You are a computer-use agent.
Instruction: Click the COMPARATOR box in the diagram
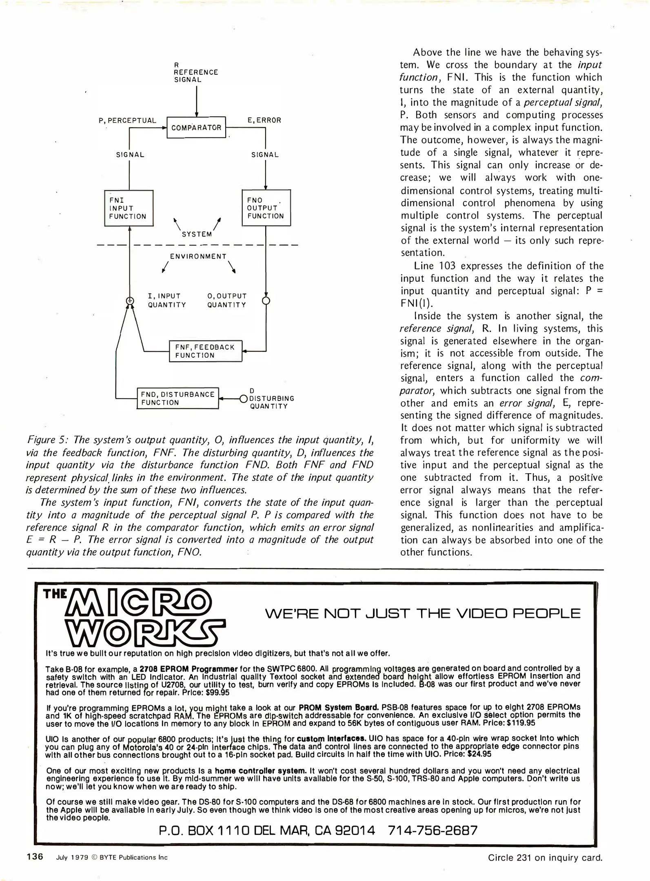point(196,127)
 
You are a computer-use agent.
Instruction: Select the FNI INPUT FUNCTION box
point(129,208)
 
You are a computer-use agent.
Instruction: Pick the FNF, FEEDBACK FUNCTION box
point(205,351)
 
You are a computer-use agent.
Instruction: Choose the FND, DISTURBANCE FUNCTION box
point(177,398)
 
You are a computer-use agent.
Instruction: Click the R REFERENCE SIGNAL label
point(196,72)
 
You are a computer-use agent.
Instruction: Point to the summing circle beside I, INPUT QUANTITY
point(130,301)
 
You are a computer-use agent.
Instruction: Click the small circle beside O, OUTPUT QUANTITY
point(266,301)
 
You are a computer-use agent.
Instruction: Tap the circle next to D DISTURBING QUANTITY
point(244,398)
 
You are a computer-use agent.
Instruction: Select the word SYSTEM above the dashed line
point(197,234)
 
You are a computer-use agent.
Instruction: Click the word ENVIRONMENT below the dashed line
point(198,256)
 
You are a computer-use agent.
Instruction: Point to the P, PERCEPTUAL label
point(127,120)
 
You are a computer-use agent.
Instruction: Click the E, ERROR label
point(264,120)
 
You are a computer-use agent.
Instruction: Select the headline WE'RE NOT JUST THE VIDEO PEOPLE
point(422,613)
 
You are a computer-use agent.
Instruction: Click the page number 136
point(35,856)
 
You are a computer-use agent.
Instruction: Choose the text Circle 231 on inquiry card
point(545,857)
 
